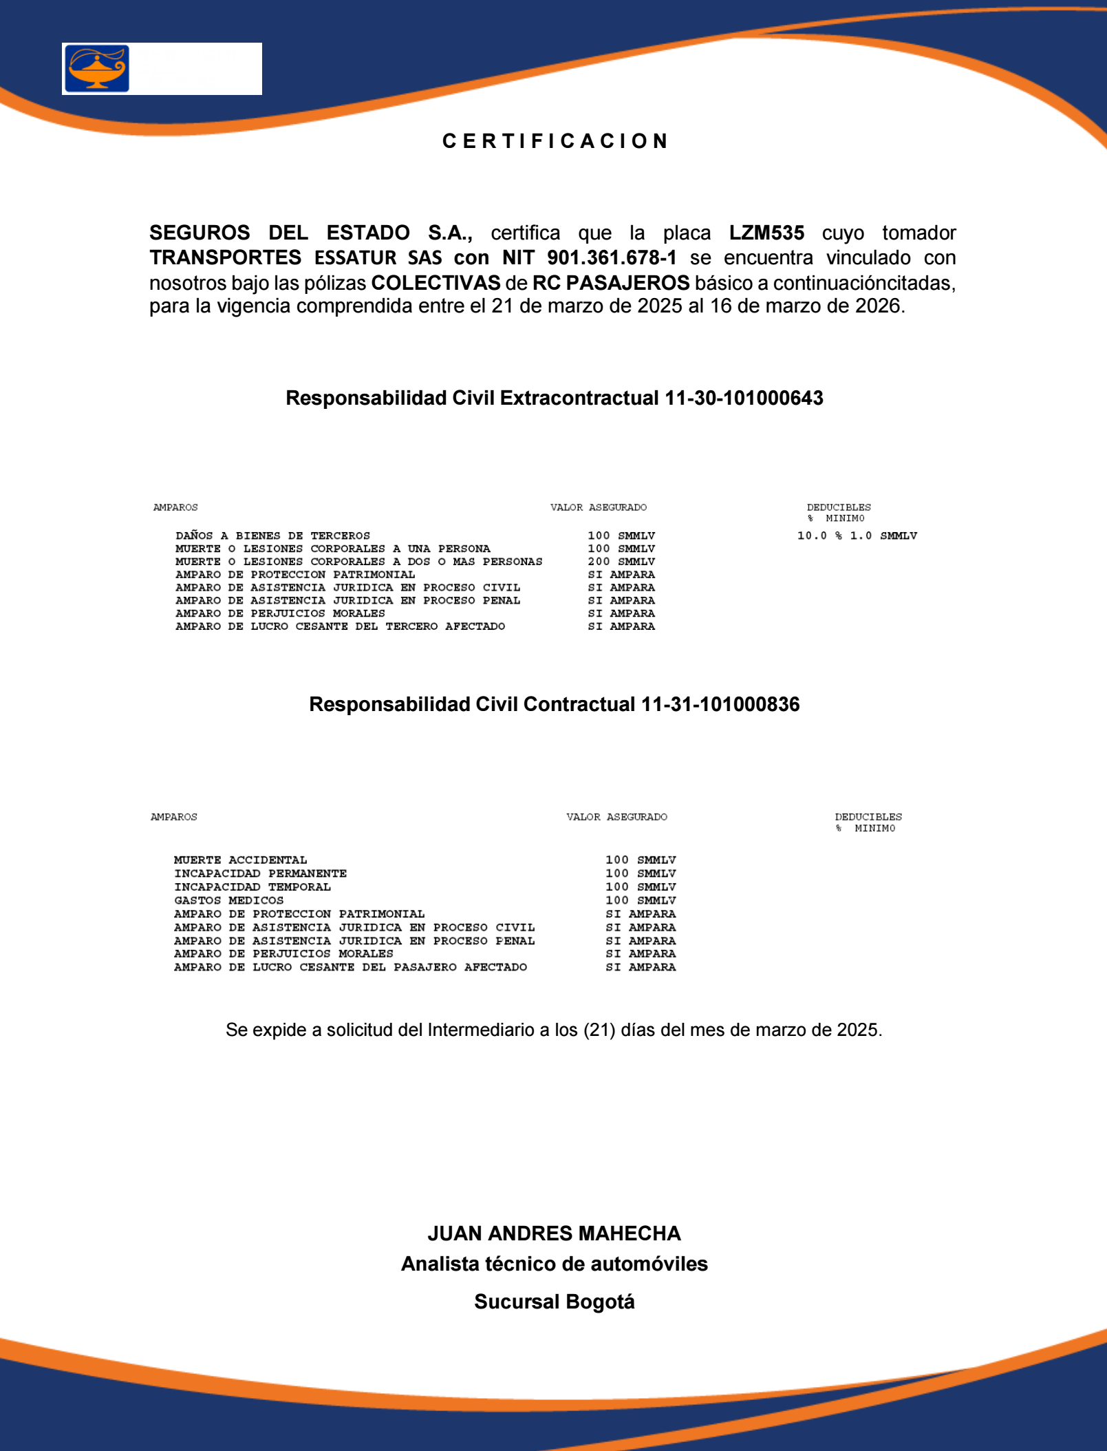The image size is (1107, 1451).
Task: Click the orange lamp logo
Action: tap(97, 68)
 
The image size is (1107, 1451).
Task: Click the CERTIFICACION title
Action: tap(555, 141)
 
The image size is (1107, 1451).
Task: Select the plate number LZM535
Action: tap(766, 233)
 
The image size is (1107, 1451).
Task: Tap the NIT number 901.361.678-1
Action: tap(612, 257)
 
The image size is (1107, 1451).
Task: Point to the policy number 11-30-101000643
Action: tap(744, 398)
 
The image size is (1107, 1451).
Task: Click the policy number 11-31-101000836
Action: tap(720, 704)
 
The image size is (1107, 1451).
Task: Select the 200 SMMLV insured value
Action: tap(621, 562)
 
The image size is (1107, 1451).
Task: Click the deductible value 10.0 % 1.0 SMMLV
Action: tap(857, 536)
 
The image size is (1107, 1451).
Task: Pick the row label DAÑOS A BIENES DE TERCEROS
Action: tap(272, 536)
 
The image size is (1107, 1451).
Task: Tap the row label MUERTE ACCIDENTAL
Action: tap(240, 860)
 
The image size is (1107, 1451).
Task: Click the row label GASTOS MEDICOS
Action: tap(228, 900)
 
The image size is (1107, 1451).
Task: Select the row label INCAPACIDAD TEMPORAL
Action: tap(252, 887)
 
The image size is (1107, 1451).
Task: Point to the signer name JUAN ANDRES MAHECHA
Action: tap(554, 1233)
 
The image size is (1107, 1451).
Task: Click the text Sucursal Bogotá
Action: tap(554, 1302)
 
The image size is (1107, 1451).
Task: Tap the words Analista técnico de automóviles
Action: tap(554, 1264)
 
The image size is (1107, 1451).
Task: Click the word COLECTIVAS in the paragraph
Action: tap(436, 283)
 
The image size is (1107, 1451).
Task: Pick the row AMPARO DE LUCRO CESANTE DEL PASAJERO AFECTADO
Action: tap(350, 967)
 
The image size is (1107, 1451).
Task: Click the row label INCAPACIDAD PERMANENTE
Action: tap(260, 873)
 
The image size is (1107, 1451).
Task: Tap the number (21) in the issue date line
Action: tap(599, 1030)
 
